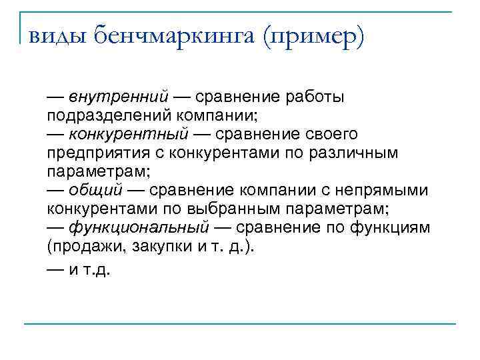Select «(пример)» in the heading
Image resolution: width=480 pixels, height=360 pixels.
(314, 34)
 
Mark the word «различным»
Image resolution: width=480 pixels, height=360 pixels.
(360, 153)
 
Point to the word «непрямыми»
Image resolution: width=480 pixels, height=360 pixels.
(383, 190)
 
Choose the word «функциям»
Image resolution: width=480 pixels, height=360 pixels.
(397, 227)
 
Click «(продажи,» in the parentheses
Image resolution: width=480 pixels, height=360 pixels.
(81, 246)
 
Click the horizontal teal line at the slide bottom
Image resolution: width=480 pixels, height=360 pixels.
(240, 324)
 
